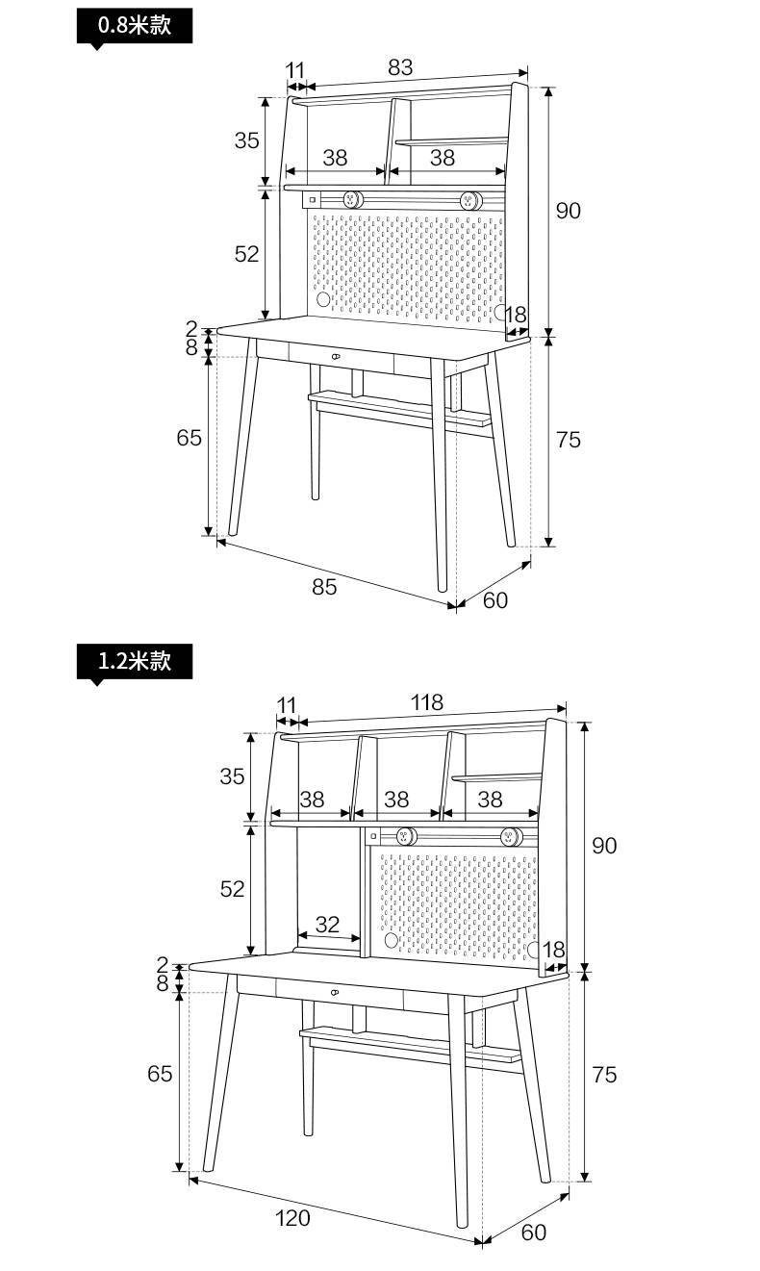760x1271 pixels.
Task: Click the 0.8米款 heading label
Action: click(x=135, y=26)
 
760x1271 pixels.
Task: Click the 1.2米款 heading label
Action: click(x=135, y=661)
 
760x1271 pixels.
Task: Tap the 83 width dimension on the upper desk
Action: click(x=400, y=67)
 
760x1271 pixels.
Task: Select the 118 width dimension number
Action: click(x=426, y=702)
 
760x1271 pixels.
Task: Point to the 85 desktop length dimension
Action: click(x=324, y=587)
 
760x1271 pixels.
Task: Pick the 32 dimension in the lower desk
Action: click(x=327, y=925)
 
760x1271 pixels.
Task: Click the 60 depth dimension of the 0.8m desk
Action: click(x=495, y=600)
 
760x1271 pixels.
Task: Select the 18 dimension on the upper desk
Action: click(x=516, y=315)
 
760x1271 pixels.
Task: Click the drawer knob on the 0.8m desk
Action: click(x=336, y=356)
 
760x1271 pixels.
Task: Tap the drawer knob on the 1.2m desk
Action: click(x=334, y=992)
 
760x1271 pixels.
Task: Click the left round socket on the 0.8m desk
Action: click(x=352, y=199)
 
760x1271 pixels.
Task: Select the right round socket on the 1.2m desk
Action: click(x=511, y=836)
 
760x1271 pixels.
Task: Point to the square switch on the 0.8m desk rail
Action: click(x=312, y=200)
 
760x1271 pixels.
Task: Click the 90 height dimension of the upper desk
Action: click(x=569, y=211)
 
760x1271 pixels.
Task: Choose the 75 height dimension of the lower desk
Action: click(x=604, y=1075)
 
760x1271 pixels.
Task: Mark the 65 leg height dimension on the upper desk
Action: click(x=189, y=438)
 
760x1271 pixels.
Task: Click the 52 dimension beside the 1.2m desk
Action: click(x=232, y=889)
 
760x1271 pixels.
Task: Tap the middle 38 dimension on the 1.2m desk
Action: click(x=396, y=801)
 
